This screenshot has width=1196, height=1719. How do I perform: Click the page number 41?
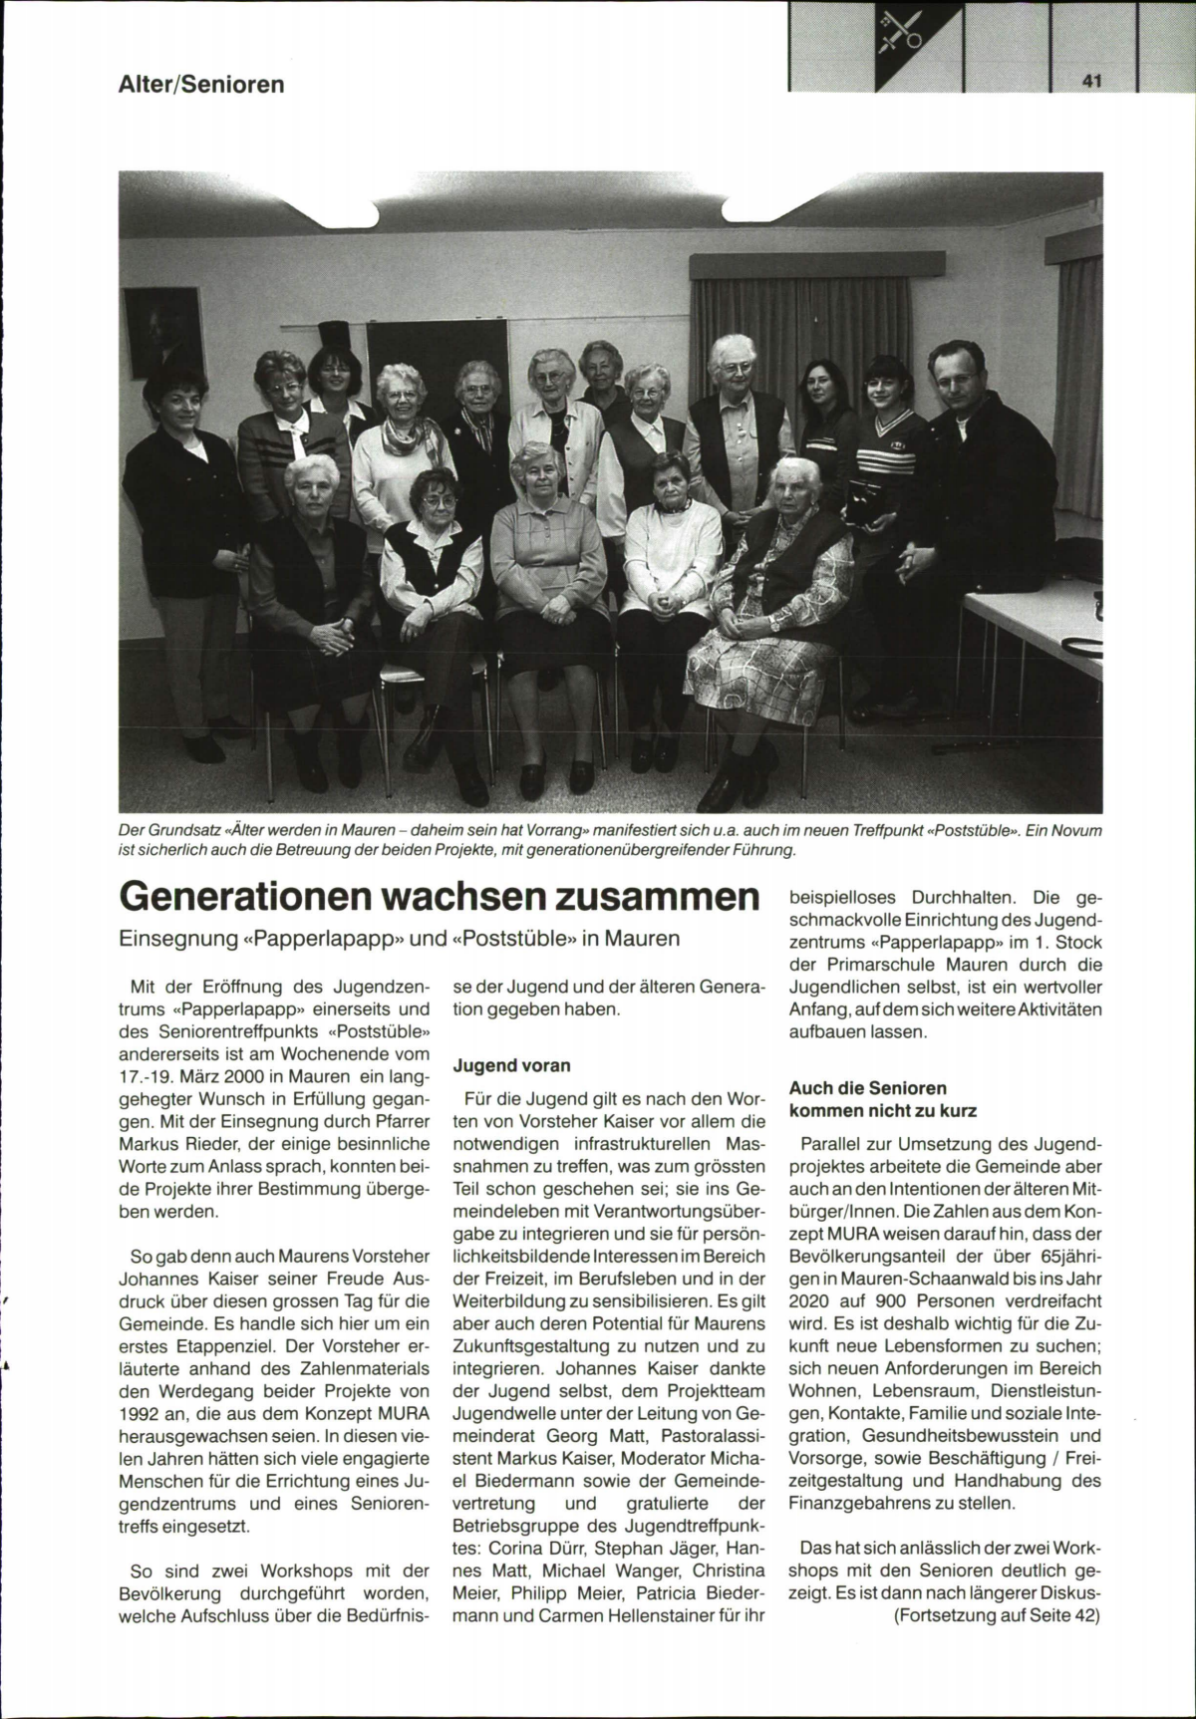coord(1089,82)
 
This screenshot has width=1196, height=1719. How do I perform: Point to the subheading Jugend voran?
coord(511,1065)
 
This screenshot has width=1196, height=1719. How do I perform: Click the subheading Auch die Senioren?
coord(867,1088)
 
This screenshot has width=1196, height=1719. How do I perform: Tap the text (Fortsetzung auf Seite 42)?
coord(997,1616)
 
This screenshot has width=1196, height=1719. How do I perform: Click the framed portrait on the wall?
coord(163,332)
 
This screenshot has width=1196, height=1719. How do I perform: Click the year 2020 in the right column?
coord(810,1300)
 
